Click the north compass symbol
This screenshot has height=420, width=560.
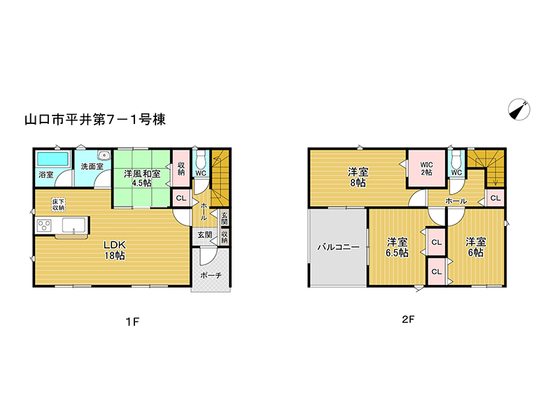(x=519, y=109)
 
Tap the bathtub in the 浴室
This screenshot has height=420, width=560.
(x=53, y=159)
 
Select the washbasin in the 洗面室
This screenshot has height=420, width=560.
(x=104, y=155)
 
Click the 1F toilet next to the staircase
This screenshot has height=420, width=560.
(x=202, y=160)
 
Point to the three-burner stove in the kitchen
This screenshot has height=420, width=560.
(x=45, y=225)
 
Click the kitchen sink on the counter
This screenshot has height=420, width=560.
(x=74, y=225)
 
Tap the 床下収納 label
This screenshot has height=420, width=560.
(x=58, y=204)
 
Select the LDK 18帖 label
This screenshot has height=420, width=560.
(x=115, y=250)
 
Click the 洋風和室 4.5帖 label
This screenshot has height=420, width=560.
(x=142, y=178)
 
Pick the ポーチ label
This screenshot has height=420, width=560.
(x=211, y=275)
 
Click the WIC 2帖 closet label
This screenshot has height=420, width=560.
(x=426, y=168)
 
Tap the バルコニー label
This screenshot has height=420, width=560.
(x=338, y=247)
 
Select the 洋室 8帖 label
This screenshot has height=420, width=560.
(x=358, y=178)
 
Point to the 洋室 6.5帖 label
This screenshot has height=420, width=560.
(x=397, y=247)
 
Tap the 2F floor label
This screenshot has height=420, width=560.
(x=408, y=319)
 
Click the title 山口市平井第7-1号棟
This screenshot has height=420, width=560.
(x=95, y=119)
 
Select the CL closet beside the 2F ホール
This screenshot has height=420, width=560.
(x=496, y=198)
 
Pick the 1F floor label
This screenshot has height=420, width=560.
(x=132, y=322)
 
